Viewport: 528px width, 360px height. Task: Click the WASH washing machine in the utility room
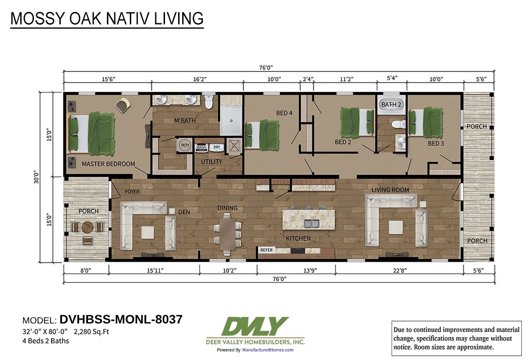(x=202, y=147)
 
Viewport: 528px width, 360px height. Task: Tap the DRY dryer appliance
(x=216, y=147)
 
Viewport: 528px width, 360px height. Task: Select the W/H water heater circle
(x=185, y=145)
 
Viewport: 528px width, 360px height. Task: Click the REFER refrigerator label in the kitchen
(x=266, y=250)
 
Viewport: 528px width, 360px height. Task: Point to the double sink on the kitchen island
(x=312, y=224)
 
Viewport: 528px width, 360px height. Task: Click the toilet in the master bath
(x=209, y=102)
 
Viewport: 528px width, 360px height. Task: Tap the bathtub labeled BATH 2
(x=391, y=104)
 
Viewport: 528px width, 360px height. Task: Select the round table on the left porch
(x=88, y=227)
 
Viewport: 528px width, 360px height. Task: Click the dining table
(x=228, y=234)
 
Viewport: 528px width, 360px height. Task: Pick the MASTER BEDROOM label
(x=108, y=164)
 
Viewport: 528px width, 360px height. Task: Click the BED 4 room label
(x=284, y=113)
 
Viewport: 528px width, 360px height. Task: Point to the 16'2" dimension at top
(x=200, y=79)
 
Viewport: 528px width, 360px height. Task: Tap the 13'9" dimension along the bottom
(x=310, y=270)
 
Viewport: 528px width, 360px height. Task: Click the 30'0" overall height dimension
(x=37, y=177)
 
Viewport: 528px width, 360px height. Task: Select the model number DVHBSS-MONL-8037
(x=121, y=320)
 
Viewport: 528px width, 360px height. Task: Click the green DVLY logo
(x=255, y=326)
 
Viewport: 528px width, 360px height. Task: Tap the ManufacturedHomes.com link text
(x=268, y=350)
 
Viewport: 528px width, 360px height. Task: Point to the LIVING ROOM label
(x=390, y=190)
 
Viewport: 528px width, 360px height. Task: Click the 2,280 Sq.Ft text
(x=92, y=332)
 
